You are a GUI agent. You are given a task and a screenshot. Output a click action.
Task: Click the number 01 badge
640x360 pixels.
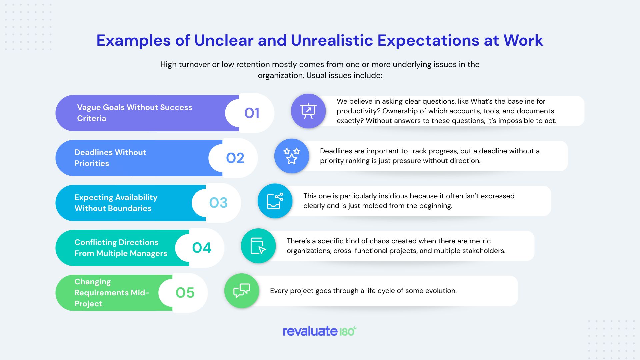point(252,113)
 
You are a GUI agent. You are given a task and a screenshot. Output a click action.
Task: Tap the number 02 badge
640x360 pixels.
point(235,158)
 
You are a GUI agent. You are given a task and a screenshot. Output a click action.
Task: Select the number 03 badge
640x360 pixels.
point(218,203)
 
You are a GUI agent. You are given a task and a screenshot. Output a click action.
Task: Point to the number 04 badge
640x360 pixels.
point(202,248)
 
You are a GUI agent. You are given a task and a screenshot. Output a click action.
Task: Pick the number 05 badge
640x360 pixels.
point(185,293)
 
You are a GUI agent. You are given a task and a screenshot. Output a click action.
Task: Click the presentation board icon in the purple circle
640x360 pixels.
point(308,111)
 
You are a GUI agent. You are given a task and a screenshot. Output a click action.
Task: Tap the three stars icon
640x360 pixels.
point(292,156)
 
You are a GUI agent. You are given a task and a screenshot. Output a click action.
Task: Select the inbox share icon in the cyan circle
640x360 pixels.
point(275,201)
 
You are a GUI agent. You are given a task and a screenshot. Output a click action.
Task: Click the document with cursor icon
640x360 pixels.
point(258,246)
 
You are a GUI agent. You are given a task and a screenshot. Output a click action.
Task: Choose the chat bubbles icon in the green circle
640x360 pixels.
point(242,291)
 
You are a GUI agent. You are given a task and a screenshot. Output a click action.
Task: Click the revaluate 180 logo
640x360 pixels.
point(320,331)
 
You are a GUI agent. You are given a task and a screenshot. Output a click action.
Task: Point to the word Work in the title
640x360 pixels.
point(523,40)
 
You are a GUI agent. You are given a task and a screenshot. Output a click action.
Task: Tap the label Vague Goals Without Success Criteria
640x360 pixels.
point(135,113)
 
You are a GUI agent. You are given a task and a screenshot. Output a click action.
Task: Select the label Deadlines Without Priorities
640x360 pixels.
point(110,158)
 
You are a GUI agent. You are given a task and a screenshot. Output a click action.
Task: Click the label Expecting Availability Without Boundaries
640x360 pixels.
point(116,203)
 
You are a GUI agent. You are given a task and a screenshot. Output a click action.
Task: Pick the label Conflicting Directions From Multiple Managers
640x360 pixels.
point(121,248)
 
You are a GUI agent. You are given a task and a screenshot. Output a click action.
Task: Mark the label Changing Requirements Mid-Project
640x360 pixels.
point(112,293)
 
